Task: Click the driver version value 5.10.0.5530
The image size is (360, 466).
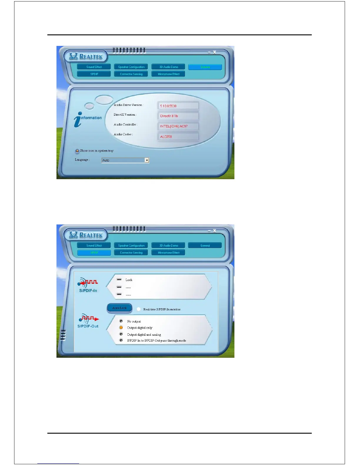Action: point(169,106)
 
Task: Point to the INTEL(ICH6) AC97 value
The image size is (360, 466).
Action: point(174,126)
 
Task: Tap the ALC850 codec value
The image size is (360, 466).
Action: point(166,137)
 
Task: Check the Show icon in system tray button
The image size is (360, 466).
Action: point(77,151)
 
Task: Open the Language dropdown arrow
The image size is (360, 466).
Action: point(147,160)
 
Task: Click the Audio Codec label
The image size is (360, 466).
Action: point(123,134)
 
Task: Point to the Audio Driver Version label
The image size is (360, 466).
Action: point(128,105)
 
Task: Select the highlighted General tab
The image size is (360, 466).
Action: point(205,67)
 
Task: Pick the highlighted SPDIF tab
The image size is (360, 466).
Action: point(94,253)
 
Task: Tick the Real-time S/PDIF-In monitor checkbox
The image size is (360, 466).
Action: point(139,309)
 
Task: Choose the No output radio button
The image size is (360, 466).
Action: point(121,321)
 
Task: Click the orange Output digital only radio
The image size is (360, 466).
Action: point(121,327)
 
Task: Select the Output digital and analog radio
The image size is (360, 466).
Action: point(121,334)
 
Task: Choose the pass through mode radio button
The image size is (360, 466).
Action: point(121,340)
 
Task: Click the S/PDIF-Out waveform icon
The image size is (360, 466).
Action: point(89,319)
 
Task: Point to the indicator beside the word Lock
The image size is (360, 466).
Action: point(119,279)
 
